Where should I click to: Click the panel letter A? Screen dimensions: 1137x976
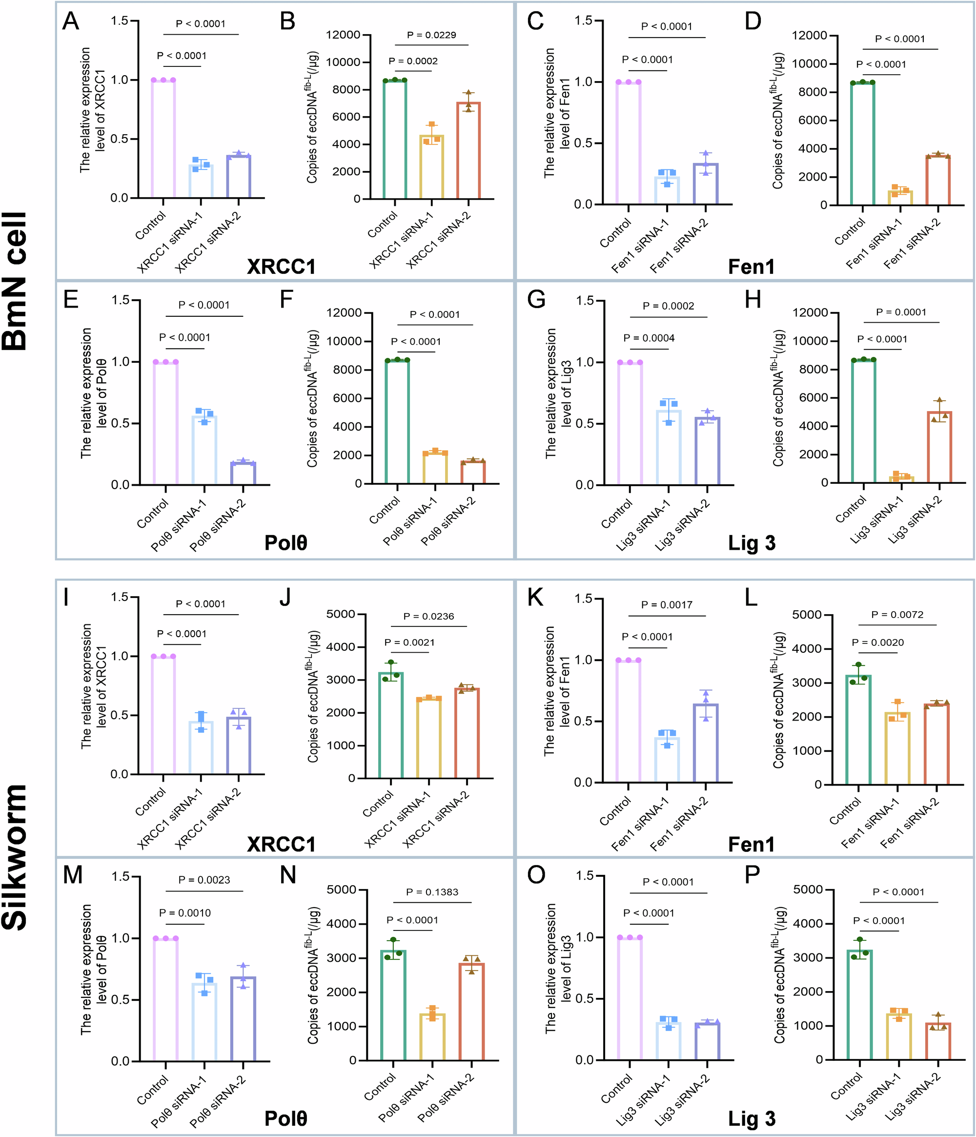(x=71, y=22)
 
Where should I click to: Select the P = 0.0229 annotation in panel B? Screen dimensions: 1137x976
(x=431, y=35)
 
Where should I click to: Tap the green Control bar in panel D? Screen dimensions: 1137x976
(x=862, y=144)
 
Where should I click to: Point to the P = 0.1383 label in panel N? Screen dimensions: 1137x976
(x=432, y=892)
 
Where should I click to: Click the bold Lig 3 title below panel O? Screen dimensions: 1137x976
(x=751, y=1118)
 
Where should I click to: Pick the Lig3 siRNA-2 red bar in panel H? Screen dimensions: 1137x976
(x=939, y=447)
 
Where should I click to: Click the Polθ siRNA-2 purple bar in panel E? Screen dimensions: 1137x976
(x=243, y=473)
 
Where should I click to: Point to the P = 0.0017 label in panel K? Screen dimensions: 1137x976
(x=667, y=605)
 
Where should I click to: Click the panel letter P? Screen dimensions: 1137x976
(x=752, y=875)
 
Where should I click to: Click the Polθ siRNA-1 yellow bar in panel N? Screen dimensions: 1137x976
(x=432, y=1036)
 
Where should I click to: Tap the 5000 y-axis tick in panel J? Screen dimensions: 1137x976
(x=341, y=614)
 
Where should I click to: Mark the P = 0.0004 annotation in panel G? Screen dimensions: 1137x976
(x=649, y=338)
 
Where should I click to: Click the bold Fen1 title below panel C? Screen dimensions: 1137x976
(x=751, y=267)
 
